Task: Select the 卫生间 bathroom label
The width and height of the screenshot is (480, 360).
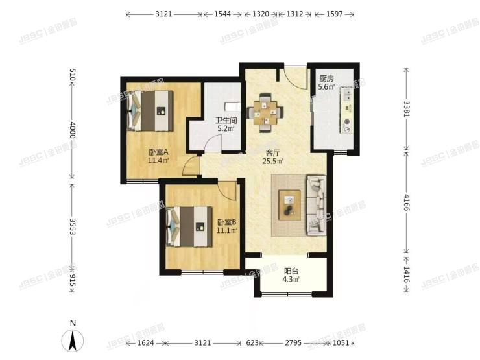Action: [x=226, y=119]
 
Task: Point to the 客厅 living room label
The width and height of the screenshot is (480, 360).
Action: [x=272, y=154]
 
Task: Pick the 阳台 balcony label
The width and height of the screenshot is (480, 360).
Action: [x=291, y=271]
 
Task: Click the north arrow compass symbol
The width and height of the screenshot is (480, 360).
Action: [x=74, y=339]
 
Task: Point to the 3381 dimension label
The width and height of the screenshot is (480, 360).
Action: [x=406, y=108]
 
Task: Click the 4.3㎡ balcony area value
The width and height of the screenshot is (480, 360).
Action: [x=291, y=280]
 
